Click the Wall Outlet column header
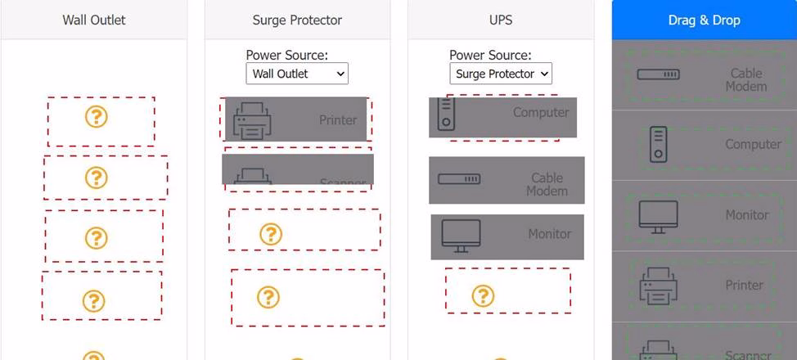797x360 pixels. (x=94, y=20)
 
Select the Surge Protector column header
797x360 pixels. (x=297, y=20)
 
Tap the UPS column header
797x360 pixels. (x=500, y=20)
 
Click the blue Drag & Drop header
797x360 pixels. (x=704, y=20)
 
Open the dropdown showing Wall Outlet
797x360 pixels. (x=297, y=74)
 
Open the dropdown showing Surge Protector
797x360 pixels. (x=501, y=74)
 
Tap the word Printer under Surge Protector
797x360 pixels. (x=338, y=120)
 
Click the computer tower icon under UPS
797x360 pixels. (x=446, y=114)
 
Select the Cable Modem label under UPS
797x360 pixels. (x=547, y=184)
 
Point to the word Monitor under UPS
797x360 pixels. (x=549, y=234)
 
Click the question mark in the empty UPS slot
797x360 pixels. (x=483, y=295)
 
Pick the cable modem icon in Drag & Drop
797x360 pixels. (x=658, y=74)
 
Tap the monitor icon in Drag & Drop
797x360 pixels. (x=658, y=216)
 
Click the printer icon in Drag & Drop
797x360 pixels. (x=658, y=286)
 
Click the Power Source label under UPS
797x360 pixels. (x=490, y=56)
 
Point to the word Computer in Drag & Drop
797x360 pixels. (x=753, y=144)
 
